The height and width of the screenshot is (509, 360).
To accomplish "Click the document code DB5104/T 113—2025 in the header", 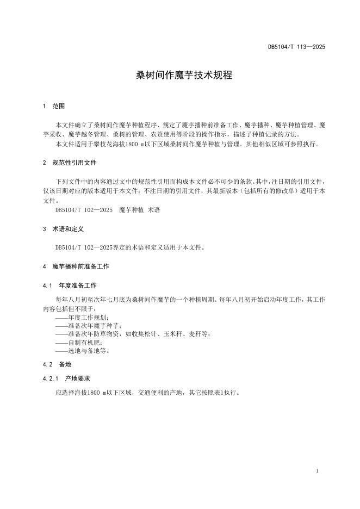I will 296,47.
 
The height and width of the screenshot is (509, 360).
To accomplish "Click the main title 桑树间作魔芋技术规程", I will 184,76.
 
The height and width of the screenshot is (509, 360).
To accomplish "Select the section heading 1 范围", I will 54,106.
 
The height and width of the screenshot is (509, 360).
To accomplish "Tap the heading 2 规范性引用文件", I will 71,163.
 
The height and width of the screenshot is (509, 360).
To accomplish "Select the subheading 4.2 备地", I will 57,364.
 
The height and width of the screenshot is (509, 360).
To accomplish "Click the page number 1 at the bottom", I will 317,471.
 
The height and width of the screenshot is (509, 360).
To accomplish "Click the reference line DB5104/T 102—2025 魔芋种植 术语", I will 108,209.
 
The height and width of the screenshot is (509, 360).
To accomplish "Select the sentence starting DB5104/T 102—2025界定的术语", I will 130,247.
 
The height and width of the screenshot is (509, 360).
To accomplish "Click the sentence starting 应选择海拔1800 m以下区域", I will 147,392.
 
